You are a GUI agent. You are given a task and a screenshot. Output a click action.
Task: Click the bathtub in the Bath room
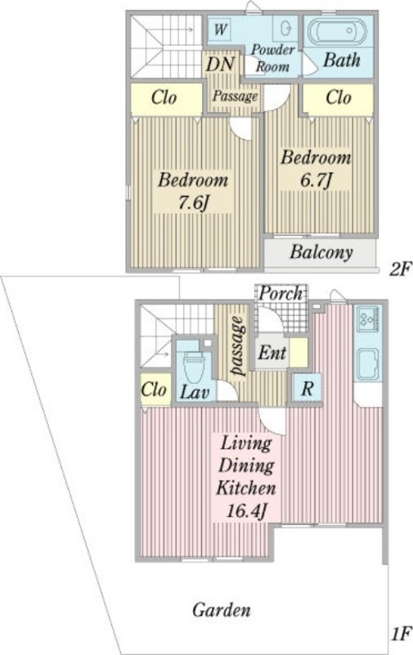(x=337, y=32)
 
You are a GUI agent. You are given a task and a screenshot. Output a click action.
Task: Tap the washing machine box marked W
(x=221, y=29)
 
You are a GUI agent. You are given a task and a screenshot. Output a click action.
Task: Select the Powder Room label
(x=272, y=58)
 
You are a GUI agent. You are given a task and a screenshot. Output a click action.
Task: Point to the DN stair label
(x=220, y=65)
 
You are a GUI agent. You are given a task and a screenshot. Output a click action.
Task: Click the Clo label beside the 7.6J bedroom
(x=164, y=97)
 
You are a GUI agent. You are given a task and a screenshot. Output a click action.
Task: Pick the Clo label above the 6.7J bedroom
(x=339, y=97)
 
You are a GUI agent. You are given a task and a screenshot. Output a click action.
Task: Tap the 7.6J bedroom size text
(x=194, y=203)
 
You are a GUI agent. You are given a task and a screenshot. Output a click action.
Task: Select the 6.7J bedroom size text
(x=316, y=180)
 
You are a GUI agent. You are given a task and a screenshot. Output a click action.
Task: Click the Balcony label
(x=321, y=252)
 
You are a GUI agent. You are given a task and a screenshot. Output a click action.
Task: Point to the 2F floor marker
(x=399, y=269)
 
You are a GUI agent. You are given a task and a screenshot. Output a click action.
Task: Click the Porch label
(x=281, y=293)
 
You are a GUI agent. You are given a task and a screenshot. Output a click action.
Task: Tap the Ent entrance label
(x=272, y=353)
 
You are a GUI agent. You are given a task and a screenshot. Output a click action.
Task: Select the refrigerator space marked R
(x=307, y=388)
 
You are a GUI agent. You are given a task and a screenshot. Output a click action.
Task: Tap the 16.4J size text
(x=246, y=511)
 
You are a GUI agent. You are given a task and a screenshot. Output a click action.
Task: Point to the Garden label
(x=222, y=610)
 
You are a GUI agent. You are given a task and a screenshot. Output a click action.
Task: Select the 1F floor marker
(x=402, y=635)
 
